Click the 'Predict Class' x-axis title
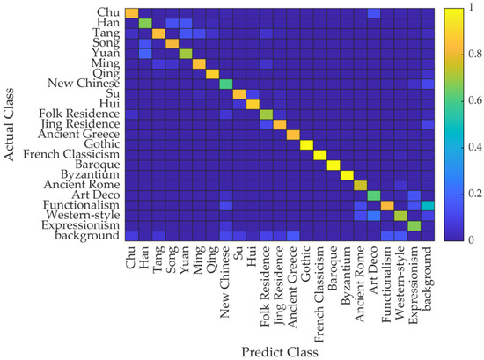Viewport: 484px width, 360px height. pos(279,350)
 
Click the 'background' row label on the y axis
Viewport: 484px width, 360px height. pos(82,236)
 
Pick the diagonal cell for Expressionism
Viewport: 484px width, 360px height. pos(414,225)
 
